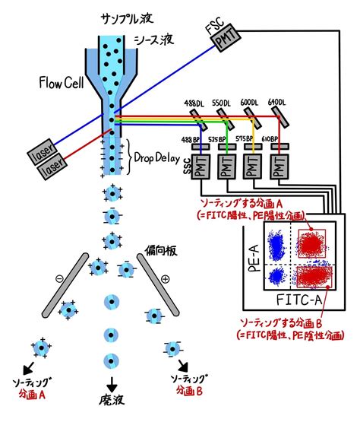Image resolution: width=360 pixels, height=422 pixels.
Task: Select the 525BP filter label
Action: (x=226, y=141)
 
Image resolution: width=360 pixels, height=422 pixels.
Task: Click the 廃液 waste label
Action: (x=110, y=404)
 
